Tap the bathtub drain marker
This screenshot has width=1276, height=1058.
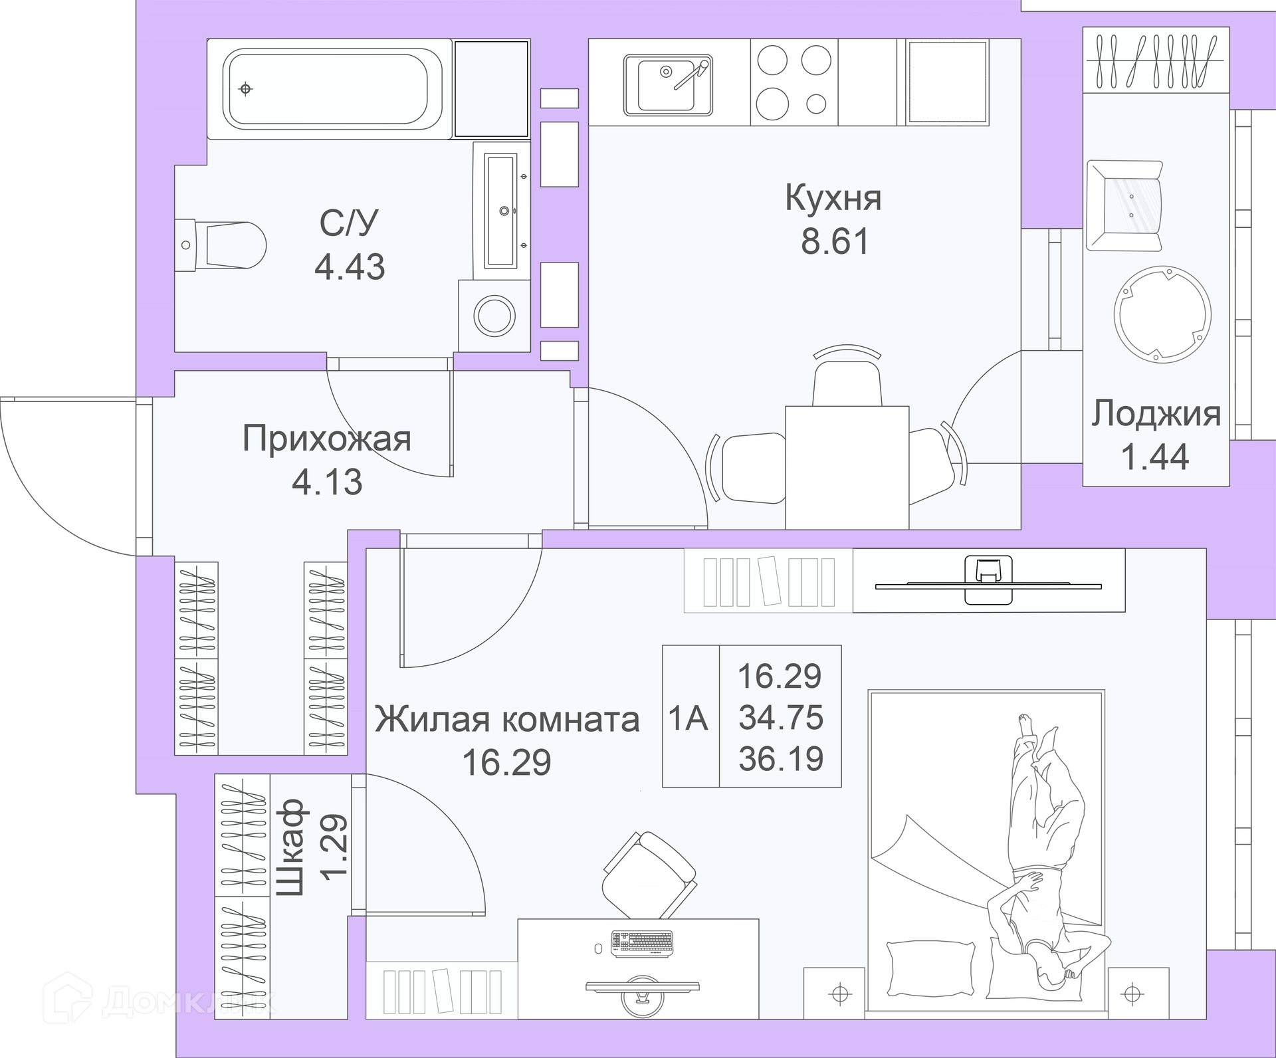pyautogui.click(x=246, y=88)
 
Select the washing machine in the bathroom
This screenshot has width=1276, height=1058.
pyautogui.click(x=494, y=315)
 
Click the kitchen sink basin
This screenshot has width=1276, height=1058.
pyautogui.click(x=667, y=85)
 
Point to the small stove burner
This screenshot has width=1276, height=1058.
pyautogui.click(x=816, y=103)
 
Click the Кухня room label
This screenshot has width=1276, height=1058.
pyautogui.click(x=833, y=198)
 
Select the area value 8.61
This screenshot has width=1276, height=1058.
pyautogui.click(x=835, y=241)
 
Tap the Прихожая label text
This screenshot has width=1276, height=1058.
pyautogui.click(x=327, y=439)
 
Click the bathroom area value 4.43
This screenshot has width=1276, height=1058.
pyautogui.click(x=350, y=266)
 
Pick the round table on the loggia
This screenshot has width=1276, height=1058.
pyautogui.click(x=1162, y=314)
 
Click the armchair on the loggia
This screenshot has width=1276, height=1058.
pyautogui.click(x=1124, y=206)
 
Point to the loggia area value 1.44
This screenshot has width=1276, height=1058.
pyautogui.click(x=1155, y=457)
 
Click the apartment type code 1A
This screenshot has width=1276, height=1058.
pyautogui.click(x=689, y=718)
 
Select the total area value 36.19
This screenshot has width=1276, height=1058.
pyautogui.click(x=782, y=758)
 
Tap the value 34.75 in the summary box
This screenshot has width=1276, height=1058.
pyautogui.click(x=782, y=718)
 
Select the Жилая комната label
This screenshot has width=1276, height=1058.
pyautogui.click(x=507, y=720)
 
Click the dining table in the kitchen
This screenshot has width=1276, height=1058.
pyautogui.click(x=847, y=467)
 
